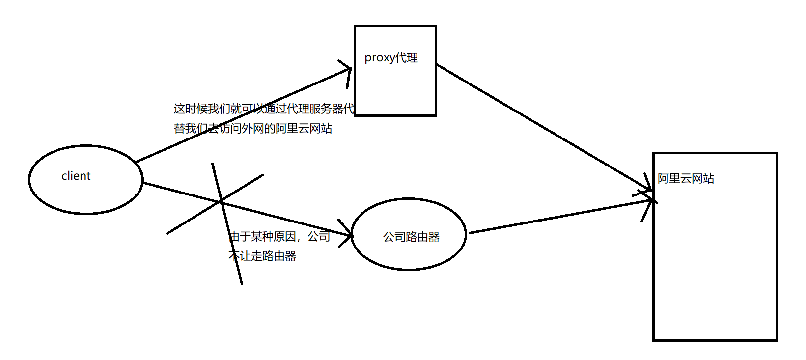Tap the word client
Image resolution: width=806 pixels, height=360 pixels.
click(x=76, y=176)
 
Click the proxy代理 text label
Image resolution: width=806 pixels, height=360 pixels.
click(x=391, y=58)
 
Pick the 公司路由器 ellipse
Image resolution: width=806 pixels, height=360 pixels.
click(x=409, y=255)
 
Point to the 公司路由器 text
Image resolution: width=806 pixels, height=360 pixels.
click(x=411, y=237)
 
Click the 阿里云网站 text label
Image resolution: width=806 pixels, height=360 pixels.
click(x=686, y=178)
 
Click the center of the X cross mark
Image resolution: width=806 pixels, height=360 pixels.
click(x=221, y=201)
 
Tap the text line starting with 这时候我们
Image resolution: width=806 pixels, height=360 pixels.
click(x=263, y=109)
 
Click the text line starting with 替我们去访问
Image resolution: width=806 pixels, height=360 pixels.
click(x=252, y=128)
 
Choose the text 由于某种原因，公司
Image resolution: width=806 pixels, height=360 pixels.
click(x=279, y=236)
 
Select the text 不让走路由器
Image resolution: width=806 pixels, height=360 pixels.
click(x=262, y=256)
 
